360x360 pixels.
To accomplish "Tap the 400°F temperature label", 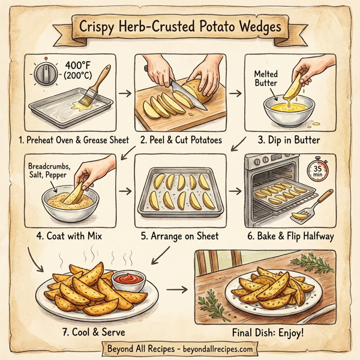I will click(x=82, y=64).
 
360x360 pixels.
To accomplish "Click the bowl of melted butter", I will click(x=278, y=113).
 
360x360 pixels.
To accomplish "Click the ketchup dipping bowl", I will click(x=127, y=280).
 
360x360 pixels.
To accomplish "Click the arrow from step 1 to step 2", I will click(x=124, y=94).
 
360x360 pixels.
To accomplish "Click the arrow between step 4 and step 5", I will click(x=125, y=191).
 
